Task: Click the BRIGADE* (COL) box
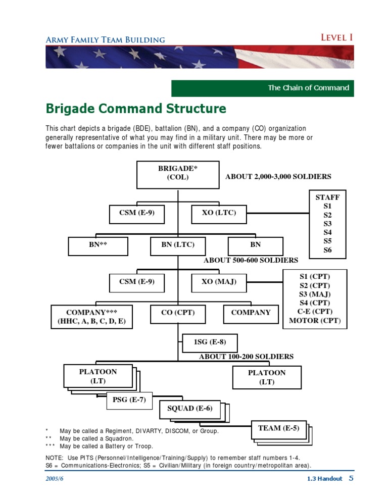pos(177,173)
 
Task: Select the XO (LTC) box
pos(219,213)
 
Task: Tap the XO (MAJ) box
pos(219,282)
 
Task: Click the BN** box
pos(98,245)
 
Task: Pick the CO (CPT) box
pos(177,313)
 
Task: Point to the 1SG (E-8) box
pos(210,342)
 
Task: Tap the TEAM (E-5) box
pos(278,429)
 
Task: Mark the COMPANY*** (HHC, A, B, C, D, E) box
pos(92,317)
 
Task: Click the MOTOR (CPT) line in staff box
pos(315,321)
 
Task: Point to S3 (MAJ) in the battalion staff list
pos(315,294)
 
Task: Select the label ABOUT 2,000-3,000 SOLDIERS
pos(278,177)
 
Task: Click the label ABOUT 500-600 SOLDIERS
pos(251,261)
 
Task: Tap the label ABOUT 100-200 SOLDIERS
pos(246,357)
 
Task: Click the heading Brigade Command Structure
pos(136,109)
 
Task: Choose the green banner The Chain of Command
pos(262,88)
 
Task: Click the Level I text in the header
pos(336,37)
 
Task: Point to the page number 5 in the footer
pos(351,478)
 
